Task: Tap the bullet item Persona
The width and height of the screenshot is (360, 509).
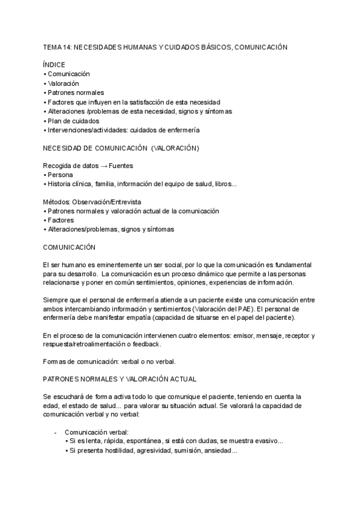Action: tap(61, 175)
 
